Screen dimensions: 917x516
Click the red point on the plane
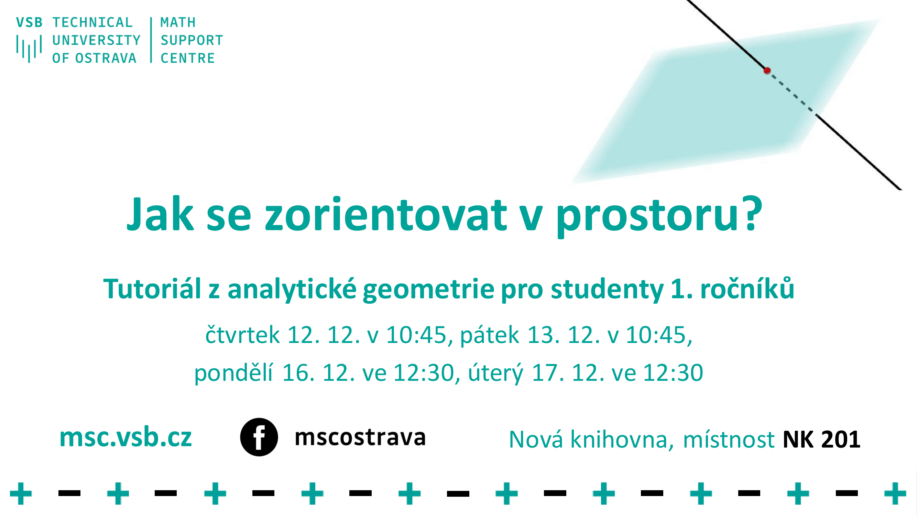[767, 71]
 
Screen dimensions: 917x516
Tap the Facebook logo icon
[259, 437]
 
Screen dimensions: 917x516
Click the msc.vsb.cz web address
[125, 437]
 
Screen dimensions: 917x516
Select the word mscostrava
[360, 437]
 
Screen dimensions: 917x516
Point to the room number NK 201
[821, 439]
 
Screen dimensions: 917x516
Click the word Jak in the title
[161, 214]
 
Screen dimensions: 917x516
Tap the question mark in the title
[752, 213]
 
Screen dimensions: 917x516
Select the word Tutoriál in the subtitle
[152, 289]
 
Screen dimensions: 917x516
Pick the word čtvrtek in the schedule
[242, 335]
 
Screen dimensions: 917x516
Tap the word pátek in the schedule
[490, 335]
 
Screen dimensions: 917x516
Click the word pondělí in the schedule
[233, 373]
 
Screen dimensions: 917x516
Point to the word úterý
[495, 373]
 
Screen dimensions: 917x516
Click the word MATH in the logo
[178, 22]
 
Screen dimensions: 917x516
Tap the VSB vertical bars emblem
[29, 49]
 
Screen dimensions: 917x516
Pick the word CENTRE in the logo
[188, 58]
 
